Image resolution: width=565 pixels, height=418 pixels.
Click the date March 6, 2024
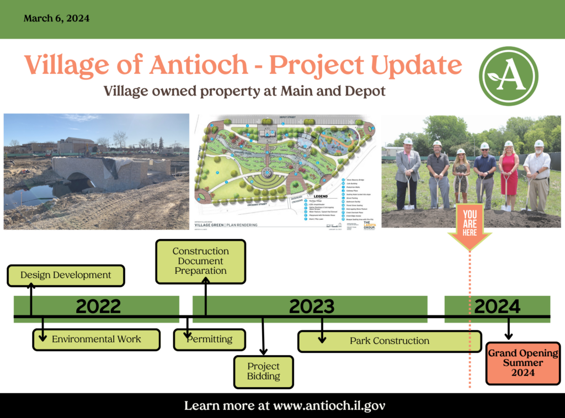click(57, 18)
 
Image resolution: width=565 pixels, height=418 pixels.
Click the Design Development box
click(66, 275)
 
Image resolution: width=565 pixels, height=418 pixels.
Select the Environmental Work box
click(96, 339)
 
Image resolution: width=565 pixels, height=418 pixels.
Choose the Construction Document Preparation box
click(200, 261)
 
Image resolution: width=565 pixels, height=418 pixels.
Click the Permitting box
click(209, 338)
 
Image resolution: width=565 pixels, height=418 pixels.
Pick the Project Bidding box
click(263, 371)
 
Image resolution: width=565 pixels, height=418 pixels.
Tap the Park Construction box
click(389, 341)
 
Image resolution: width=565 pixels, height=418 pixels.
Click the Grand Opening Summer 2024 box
click(523, 363)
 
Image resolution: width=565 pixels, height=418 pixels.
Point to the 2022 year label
click(98, 306)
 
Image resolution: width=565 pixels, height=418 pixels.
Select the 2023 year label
click(311, 306)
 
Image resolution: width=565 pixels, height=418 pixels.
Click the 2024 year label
click(497, 306)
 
